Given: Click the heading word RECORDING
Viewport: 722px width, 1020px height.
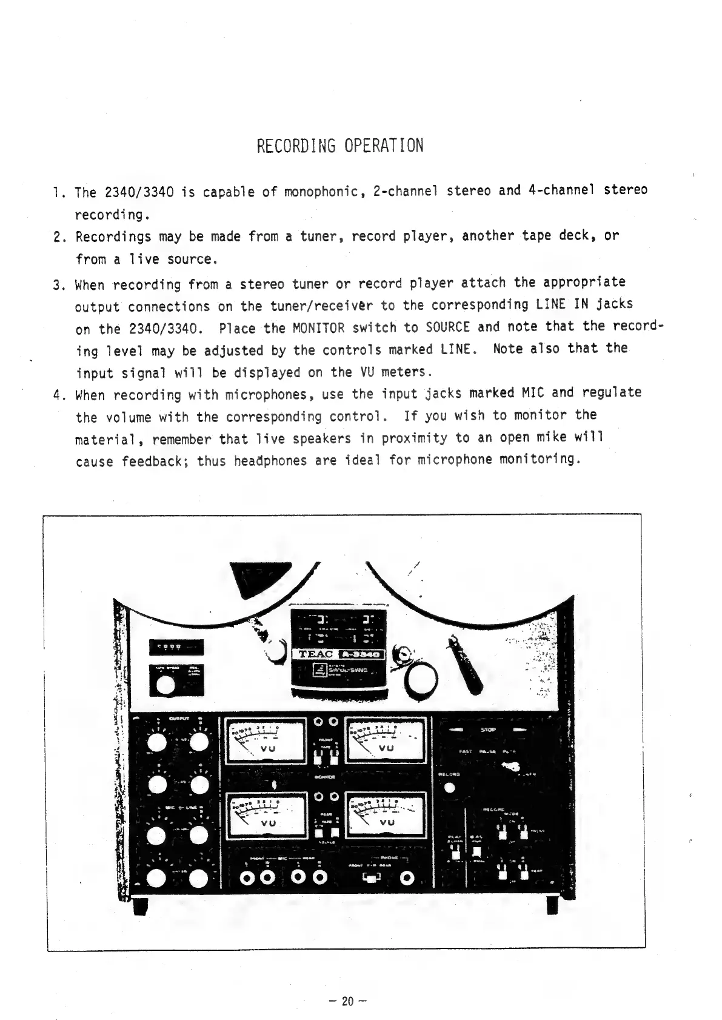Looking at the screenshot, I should pos(296,146).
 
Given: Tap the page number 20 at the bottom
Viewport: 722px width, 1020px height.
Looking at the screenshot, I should pos(347,1001).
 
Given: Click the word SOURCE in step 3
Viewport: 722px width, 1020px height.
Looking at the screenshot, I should pos(448,327).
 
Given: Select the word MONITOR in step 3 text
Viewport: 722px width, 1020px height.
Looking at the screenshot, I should pos(318,329).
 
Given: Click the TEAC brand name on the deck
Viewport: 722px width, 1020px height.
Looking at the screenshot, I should pos(315,654).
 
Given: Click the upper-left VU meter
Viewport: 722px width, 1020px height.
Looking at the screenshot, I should pos(265,740).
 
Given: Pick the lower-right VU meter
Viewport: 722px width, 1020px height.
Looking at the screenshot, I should pos(386,814).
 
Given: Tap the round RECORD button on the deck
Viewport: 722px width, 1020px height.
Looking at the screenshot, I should pos(449,788).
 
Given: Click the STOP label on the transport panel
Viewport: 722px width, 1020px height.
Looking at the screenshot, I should pos(488,730).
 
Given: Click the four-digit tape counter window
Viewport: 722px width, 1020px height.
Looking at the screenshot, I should pos(176,647).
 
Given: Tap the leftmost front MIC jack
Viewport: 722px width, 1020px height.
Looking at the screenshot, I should pos(247,878).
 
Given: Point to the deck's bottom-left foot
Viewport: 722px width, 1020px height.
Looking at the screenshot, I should pos(140,907).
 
